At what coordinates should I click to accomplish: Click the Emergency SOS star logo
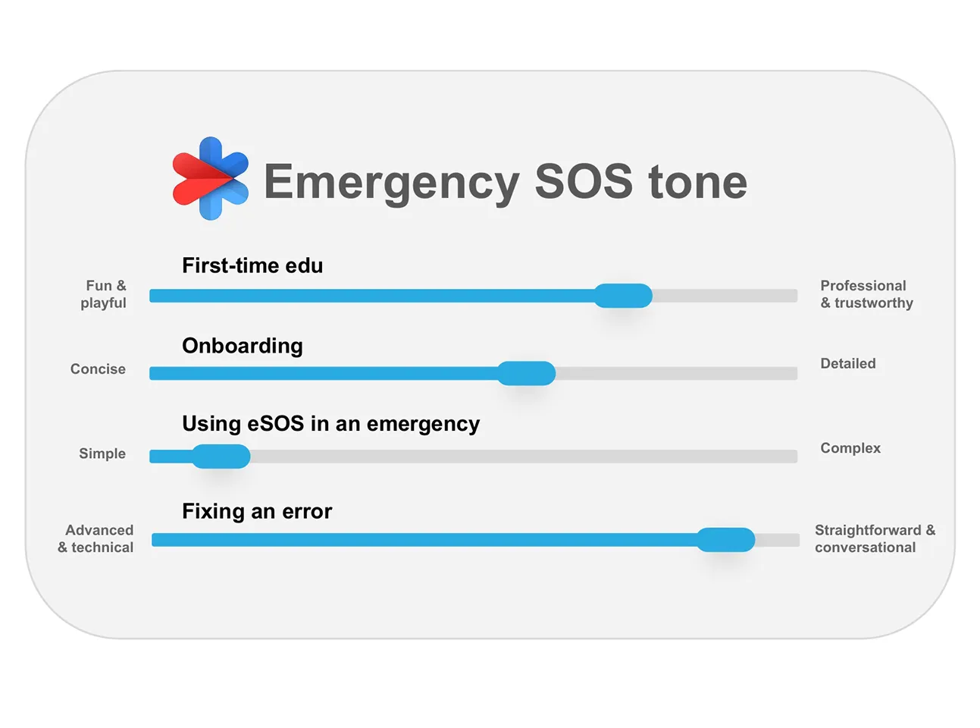[x=210, y=179]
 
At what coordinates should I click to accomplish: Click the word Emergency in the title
[x=392, y=183]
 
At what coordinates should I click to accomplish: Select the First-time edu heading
[x=252, y=265]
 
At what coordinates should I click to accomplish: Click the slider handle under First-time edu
[x=623, y=296]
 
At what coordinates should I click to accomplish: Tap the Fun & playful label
[x=103, y=294]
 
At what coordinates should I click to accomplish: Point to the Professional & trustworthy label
[x=866, y=294]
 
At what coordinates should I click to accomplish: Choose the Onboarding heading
[x=243, y=346]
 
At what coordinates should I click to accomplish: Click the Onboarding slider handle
[x=526, y=373]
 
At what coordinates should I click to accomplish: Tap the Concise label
[x=98, y=369]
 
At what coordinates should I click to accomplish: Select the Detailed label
[x=848, y=363]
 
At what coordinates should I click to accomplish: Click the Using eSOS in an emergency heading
[x=331, y=424]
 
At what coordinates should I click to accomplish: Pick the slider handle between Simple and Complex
[x=221, y=457]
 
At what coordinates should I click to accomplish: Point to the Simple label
[x=102, y=453]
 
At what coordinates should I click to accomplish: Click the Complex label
[x=850, y=448]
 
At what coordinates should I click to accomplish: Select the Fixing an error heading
[x=257, y=511]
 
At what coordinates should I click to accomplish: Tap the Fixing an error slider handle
[x=725, y=540]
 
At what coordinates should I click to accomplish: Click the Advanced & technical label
[x=96, y=538]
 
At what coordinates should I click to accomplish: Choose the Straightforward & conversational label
[x=875, y=538]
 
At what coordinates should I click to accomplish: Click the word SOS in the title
[x=584, y=181]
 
